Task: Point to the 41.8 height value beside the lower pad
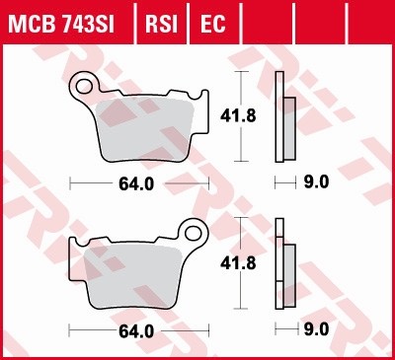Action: click(231, 263)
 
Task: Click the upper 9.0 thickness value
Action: click(316, 183)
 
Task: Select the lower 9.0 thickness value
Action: click(316, 331)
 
